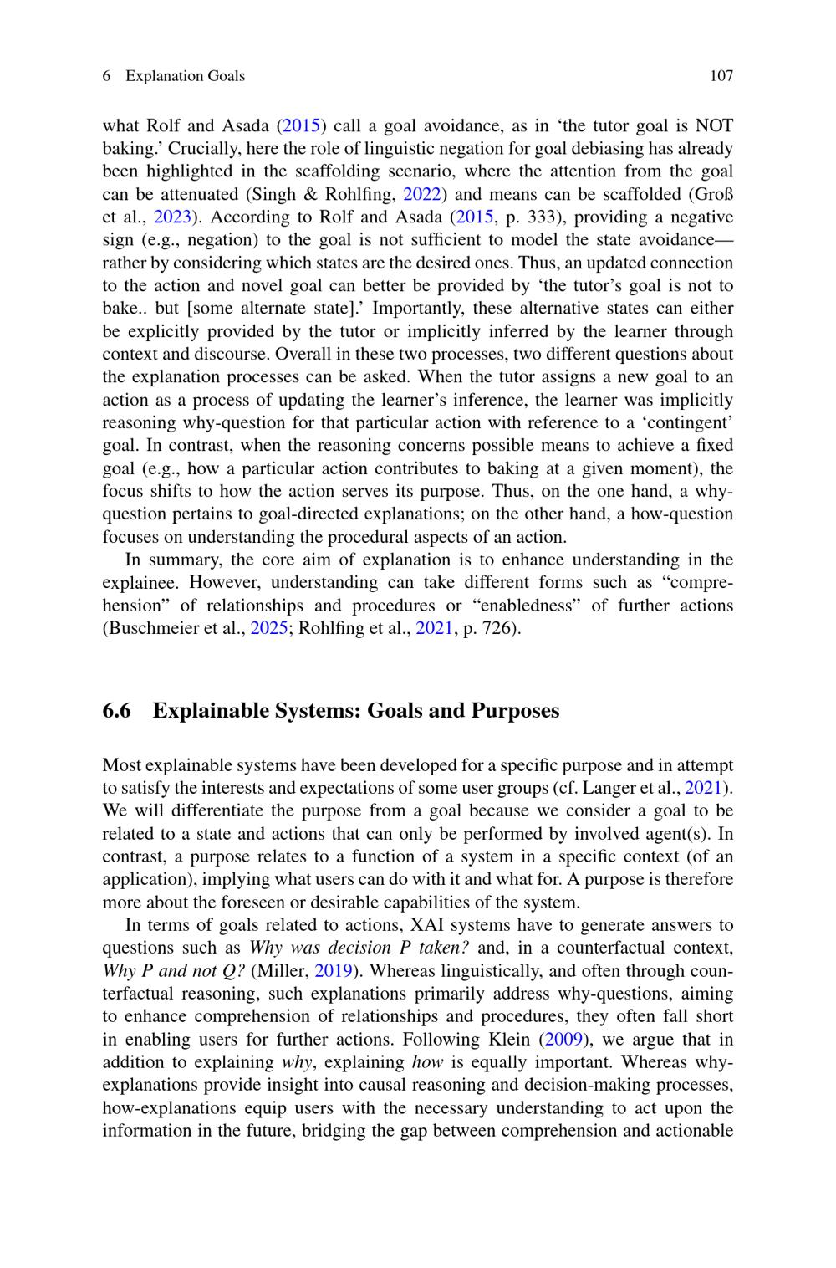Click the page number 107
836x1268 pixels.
(x=721, y=76)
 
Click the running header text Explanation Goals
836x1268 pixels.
(x=185, y=76)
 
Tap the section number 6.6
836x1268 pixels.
(x=117, y=711)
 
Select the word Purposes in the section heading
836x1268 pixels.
(x=515, y=711)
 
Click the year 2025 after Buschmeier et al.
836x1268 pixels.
(x=269, y=628)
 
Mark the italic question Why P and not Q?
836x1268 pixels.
(x=174, y=971)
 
